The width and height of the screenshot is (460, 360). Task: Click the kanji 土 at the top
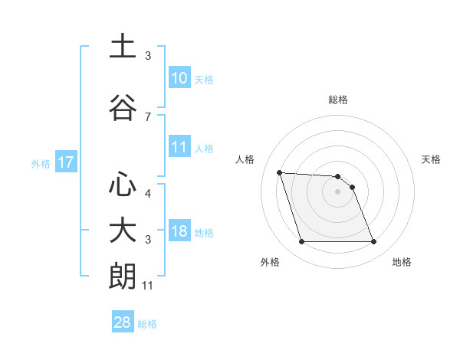pyautogui.click(x=123, y=47)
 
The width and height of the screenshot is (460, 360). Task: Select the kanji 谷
pyautogui.click(x=123, y=107)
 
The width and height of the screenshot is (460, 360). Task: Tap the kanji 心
pyautogui.click(x=123, y=185)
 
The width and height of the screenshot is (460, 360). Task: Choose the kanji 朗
pyautogui.click(x=123, y=277)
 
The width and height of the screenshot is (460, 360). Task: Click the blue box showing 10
pyautogui.click(x=179, y=78)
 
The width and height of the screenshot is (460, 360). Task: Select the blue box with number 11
pyautogui.click(x=179, y=147)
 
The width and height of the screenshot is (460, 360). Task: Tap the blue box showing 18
pyautogui.click(x=179, y=231)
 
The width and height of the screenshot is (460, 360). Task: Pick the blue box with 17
pyautogui.click(x=65, y=162)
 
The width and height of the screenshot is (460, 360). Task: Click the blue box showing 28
pyautogui.click(x=123, y=322)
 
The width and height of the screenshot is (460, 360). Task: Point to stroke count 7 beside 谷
pyautogui.click(x=148, y=116)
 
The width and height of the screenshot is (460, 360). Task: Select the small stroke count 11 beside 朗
pyautogui.click(x=148, y=286)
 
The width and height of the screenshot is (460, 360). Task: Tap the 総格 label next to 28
pyautogui.click(x=147, y=324)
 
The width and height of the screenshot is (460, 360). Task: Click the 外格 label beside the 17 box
pyautogui.click(x=41, y=163)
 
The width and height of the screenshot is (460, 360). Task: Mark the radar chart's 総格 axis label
pyautogui.click(x=337, y=100)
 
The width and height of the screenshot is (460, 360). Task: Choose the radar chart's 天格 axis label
pyautogui.click(x=431, y=159)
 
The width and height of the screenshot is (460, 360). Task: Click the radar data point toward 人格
pyautogui.click(x=280, y=172)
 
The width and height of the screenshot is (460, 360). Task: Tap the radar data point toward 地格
pyautogui.click(x=373, y=242)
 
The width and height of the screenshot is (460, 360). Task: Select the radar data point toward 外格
pyautogui.click(x=301, y=242)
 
